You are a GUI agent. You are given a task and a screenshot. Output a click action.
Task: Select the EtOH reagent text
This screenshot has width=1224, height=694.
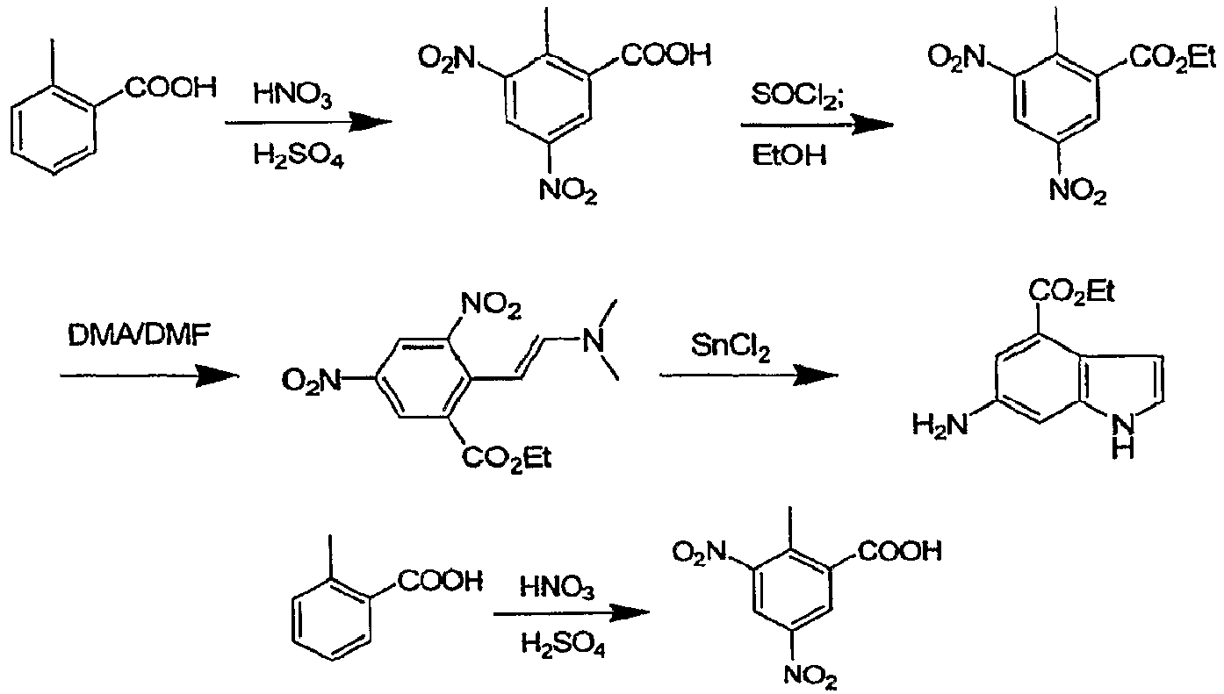[788, 155]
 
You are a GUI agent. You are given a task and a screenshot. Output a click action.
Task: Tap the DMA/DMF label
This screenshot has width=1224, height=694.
[139, 336]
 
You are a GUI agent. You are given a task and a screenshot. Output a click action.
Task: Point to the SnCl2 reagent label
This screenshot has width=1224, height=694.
[731, 347]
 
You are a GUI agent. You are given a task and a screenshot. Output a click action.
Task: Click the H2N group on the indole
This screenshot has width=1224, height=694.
[940, 425]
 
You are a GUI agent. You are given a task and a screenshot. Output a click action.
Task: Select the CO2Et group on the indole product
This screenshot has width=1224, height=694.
[1071, 292]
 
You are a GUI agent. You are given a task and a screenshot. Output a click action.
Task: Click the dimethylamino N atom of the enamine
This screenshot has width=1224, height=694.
[594, 342]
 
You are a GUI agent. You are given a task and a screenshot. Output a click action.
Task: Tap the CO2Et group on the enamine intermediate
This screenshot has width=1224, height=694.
[507, 458]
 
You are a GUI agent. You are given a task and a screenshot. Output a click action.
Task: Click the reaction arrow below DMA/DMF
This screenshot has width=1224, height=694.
[149, 376]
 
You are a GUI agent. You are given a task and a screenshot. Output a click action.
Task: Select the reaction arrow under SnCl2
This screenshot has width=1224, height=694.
[749, 376]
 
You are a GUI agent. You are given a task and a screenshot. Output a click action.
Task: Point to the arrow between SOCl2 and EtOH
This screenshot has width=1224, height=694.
[817, 125]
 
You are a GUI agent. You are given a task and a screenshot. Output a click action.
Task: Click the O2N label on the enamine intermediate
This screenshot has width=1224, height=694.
[310, 381]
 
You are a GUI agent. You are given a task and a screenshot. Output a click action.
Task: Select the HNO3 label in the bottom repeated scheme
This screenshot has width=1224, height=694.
[557, 588]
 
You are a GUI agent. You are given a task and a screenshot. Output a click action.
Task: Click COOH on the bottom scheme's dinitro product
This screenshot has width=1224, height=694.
[900, 552]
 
